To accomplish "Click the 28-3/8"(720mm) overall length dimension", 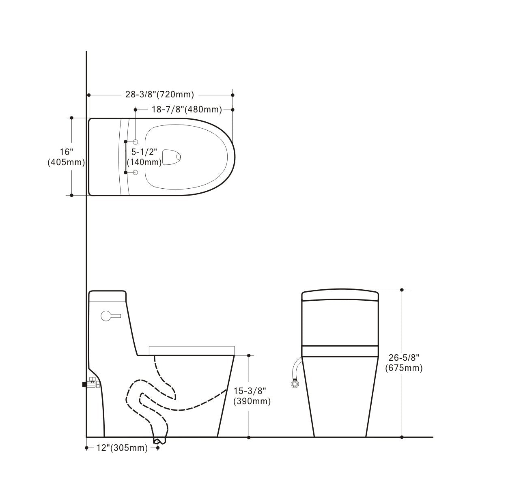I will tap(159, 95).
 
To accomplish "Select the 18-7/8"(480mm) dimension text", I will tap(187, 110).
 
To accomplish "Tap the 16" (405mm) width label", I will tap(66, 157).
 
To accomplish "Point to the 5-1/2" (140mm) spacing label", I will tap(144, 157).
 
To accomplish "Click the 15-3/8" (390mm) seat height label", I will tap(252, 396).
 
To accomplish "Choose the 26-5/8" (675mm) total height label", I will tap(404, 363).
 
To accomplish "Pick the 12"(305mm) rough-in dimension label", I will tap(122, 448).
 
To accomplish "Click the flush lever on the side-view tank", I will tap(111, 315).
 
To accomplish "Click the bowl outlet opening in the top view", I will tap(172, 157).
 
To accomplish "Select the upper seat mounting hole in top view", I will tap(136, 142).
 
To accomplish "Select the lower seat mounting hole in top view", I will tap(136, 172).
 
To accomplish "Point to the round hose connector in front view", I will tap(295, 383).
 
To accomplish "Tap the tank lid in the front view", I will tap(340, 295).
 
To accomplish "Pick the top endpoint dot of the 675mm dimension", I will tap(402, 290).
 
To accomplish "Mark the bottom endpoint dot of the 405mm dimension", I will tap(72, 195).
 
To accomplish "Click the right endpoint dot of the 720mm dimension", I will tap(233, 95).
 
